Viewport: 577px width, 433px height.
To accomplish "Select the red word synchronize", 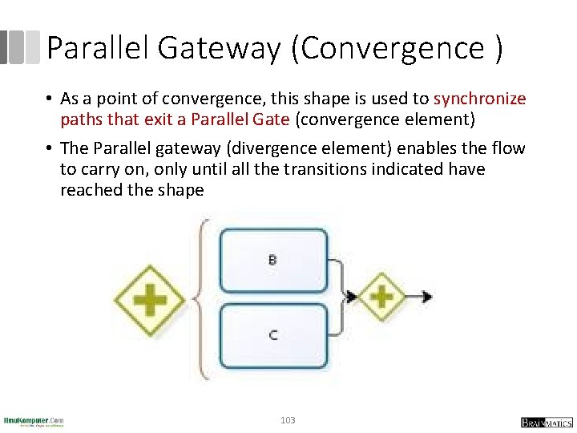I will click(479, 99).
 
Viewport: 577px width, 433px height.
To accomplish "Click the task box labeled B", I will click(273, 260).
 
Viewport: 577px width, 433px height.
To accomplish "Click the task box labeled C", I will click(273, 334).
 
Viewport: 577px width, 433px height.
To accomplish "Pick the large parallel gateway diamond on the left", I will click(150, 301).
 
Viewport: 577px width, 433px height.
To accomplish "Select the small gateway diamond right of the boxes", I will click(381, 296).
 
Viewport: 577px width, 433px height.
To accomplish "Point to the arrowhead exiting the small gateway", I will click(427, 296).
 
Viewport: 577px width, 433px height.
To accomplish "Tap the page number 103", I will click(288, 420).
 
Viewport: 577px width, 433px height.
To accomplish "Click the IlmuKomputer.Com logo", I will click(34, 421).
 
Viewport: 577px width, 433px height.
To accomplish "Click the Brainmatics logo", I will click(546, 422).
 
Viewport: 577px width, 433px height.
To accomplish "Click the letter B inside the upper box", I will click(272, 260).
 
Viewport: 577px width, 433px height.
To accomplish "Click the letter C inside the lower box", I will click(273, 334).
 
